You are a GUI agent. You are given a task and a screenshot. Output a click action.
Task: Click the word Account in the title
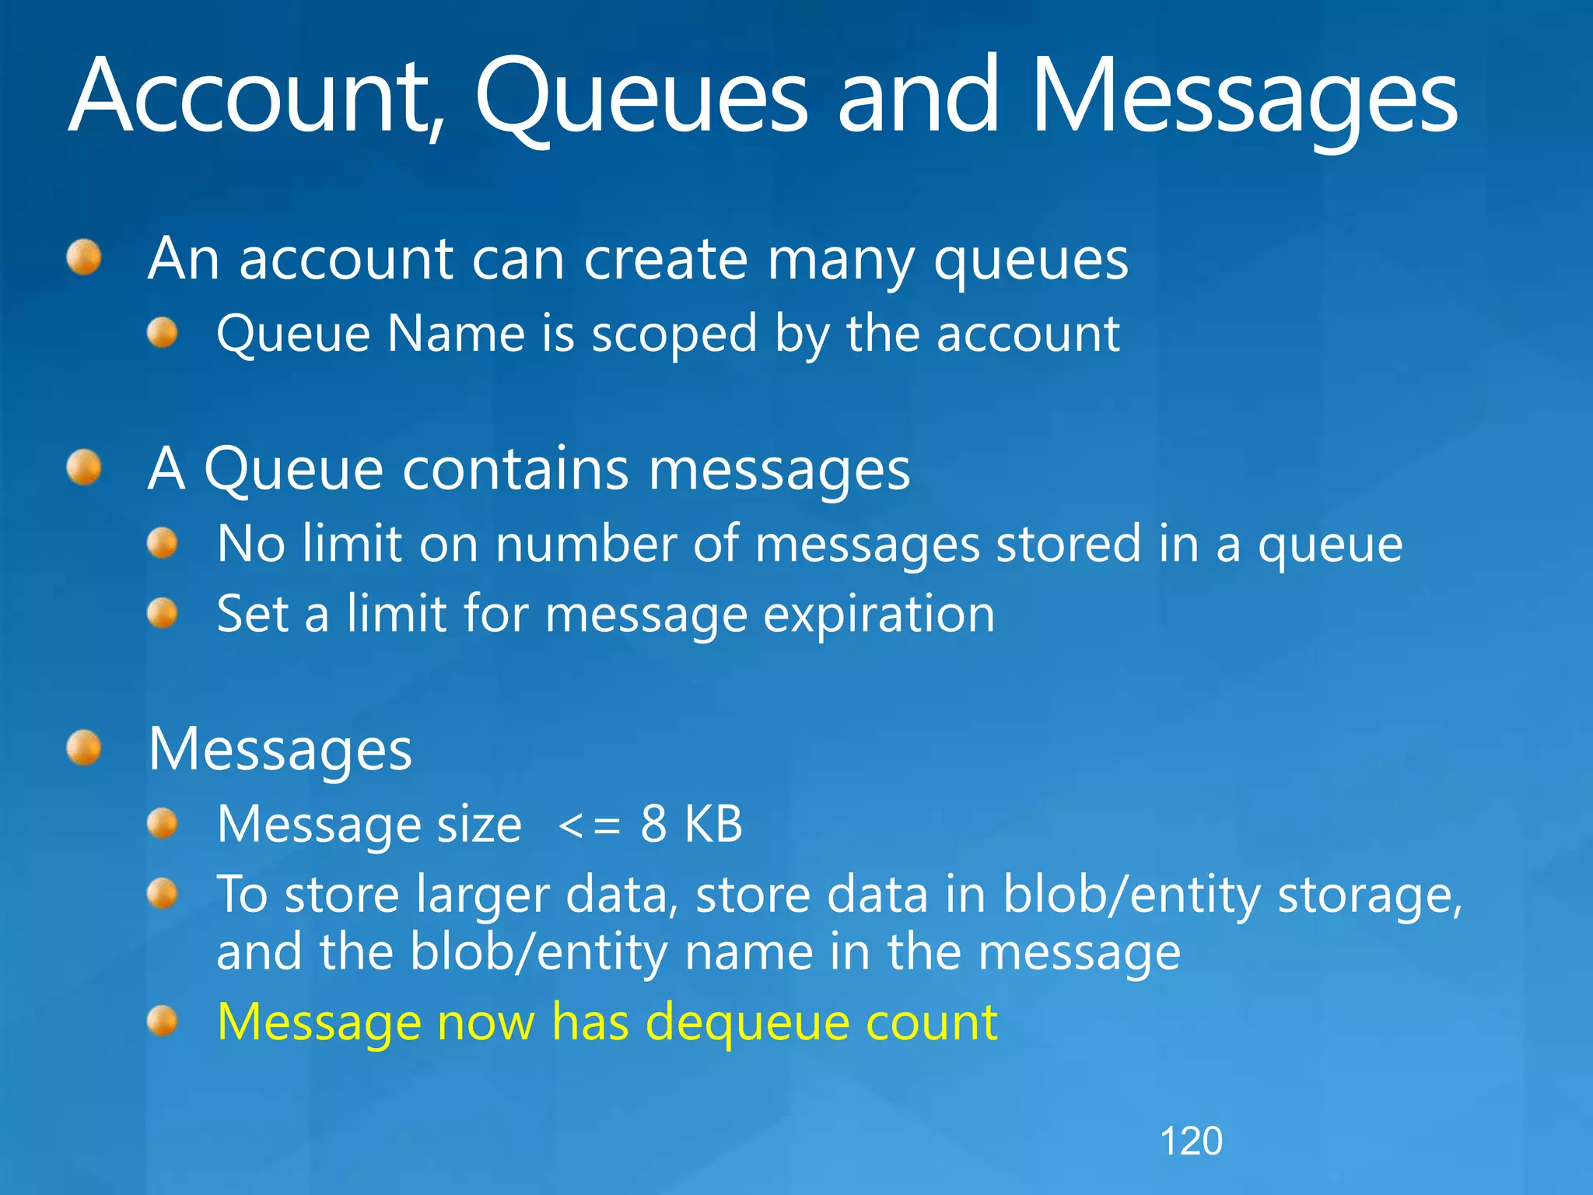(253, 97)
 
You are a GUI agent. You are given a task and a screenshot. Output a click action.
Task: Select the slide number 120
(1191, 1141)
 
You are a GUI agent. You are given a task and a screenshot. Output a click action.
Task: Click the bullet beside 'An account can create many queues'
(84, 258)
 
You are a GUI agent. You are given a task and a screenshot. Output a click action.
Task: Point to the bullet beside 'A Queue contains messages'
(84, 468)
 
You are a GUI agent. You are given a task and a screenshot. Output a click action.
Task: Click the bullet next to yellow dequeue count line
(163, 1021)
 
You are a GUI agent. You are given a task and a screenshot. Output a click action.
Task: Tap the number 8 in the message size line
(653, 824)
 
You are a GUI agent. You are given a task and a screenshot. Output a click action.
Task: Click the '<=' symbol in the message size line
(590, 825)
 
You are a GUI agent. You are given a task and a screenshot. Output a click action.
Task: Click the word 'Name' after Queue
(455, 335)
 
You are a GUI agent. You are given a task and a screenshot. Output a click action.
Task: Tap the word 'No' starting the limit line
(250, 544)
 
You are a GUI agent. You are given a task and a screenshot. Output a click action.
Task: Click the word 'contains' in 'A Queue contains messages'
(515, 470)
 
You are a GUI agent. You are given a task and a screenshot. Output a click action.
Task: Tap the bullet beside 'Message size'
(163, 824)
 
